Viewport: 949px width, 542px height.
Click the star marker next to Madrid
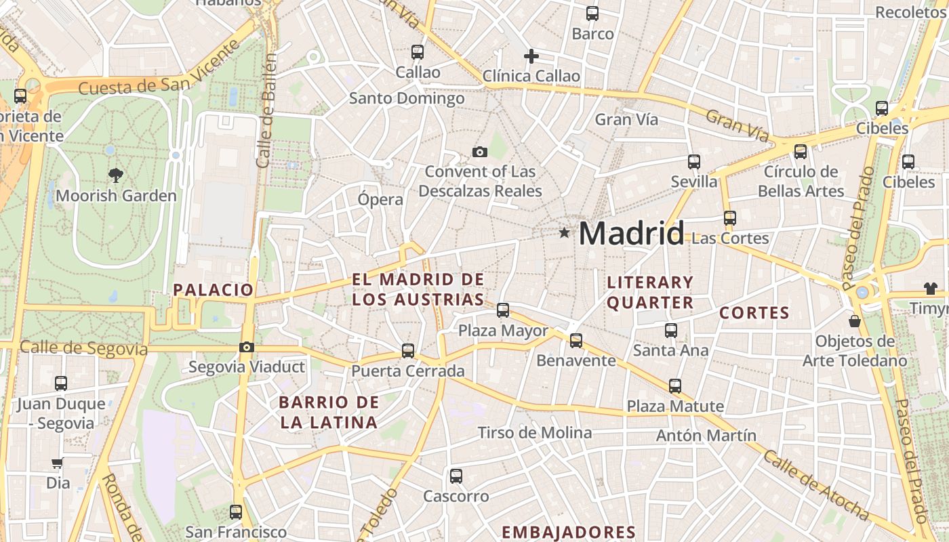point(564,233)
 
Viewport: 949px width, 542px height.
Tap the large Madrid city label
point(631,234)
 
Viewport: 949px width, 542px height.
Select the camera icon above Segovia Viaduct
point(247,348)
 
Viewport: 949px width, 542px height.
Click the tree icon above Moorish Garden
point(116,175)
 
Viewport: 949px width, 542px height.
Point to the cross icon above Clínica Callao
point(531,56)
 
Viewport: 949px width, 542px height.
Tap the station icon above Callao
point(418,51)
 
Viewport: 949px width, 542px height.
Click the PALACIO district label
point(213,290)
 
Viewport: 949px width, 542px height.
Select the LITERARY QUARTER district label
point(650,292)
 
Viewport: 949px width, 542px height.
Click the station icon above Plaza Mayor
point(503,310)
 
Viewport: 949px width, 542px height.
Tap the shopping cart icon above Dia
point(58,463)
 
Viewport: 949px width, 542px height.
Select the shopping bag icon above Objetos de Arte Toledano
point(855,320)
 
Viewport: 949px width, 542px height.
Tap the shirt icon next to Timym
point(930,289)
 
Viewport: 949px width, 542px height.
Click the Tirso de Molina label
point(534,432)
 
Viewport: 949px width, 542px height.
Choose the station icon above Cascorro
point(456,476)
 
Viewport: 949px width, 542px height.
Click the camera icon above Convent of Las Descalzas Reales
point(480,152)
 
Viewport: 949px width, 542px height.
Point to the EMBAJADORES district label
point(568,532)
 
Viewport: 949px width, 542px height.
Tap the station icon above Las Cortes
point(730,218)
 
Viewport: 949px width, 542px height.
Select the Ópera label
point(380,200)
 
